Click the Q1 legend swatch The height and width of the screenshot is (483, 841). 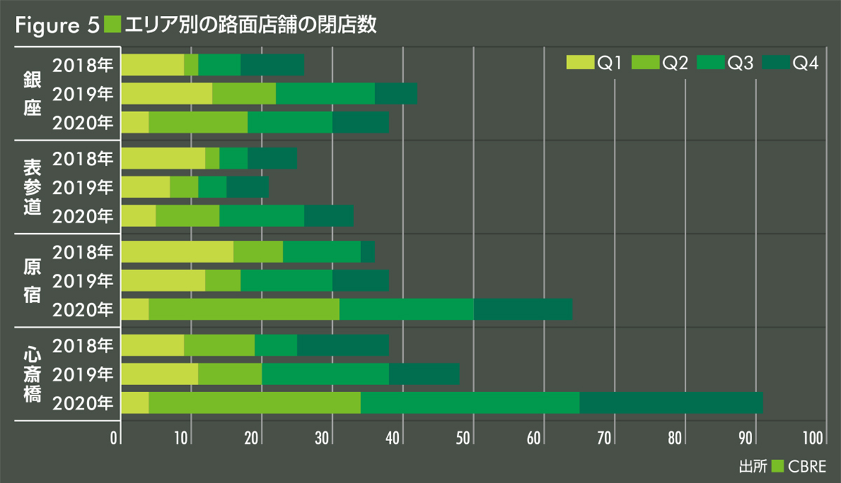tap(580, 64)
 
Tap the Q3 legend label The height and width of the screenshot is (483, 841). tap(741, 64)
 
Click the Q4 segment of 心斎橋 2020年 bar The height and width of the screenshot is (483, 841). tap(671, 402)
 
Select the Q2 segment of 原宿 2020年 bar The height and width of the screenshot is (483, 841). tap(244, 309)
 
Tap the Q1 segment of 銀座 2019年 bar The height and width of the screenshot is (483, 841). tap(167, 93)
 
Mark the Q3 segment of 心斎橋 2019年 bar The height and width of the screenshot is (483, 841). tap(325, 374)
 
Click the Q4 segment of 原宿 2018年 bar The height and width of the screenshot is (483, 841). tap(367, 251)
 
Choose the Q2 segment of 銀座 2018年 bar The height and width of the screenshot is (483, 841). tap(191, 64)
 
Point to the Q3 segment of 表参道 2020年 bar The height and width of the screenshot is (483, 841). tap(261, 216)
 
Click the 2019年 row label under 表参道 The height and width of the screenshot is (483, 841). tap(82, 188)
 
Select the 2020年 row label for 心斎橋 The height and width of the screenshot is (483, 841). tap(82, 402)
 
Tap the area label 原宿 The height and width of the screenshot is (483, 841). tap(32, 280)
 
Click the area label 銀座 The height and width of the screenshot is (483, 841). tap(32, 92)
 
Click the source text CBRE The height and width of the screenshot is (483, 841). tap(807, 465)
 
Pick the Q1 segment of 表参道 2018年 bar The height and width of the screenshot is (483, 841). tap(163, 158)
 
